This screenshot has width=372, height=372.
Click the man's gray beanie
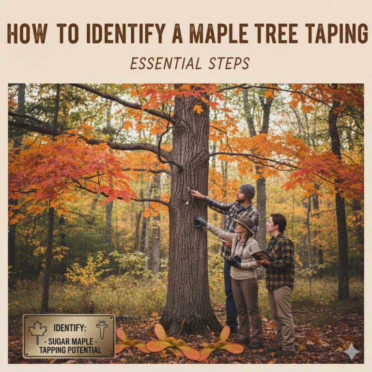[x=247, y=191]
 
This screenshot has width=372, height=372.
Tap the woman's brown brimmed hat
[x=246, y=223]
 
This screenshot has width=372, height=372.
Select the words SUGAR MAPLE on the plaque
[x=71, y=341]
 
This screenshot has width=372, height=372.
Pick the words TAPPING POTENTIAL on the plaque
[x=71, y=350]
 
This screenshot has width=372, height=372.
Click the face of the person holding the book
[x=272, y=225]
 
